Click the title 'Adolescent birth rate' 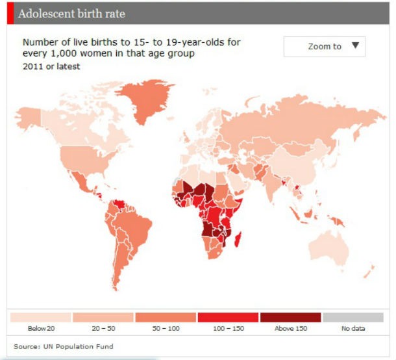71,14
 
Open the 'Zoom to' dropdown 324,46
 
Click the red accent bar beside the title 10,13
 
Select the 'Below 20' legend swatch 40,317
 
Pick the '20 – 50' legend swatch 103,317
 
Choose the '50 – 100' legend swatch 166,317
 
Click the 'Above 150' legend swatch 291,317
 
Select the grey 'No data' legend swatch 353,317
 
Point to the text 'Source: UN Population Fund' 59,346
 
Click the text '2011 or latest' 51,66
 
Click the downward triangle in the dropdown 354,45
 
